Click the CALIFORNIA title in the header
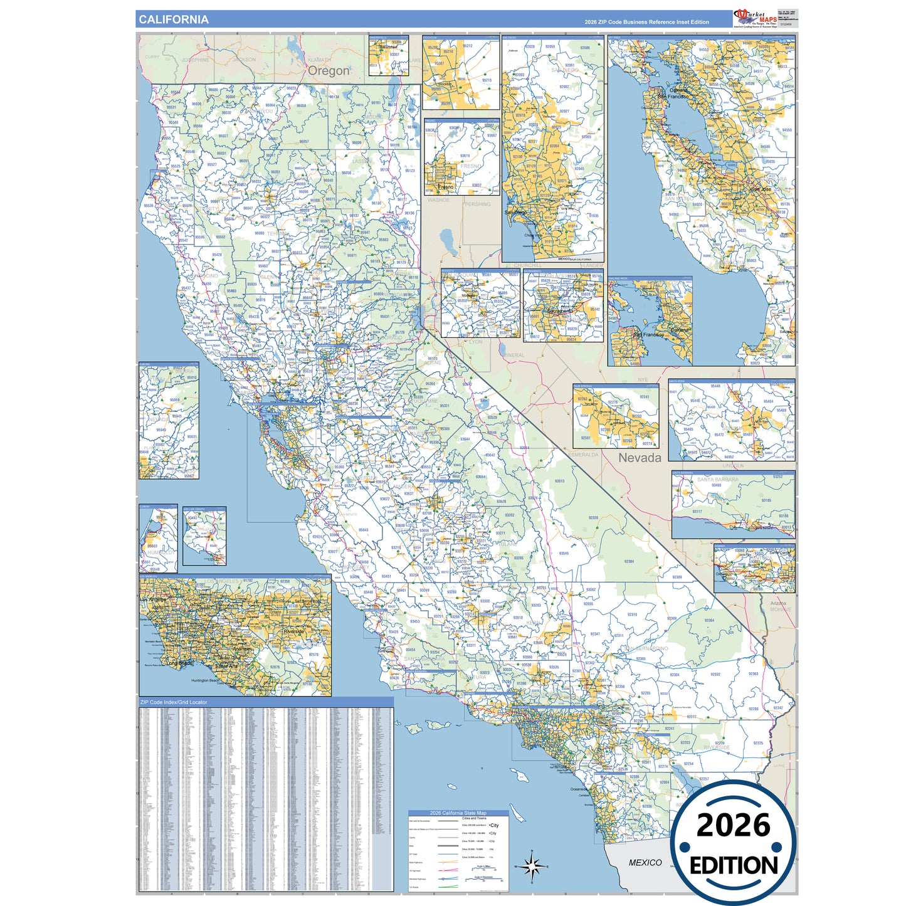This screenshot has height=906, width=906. (173, 19)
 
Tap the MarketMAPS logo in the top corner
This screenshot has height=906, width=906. (756, 19)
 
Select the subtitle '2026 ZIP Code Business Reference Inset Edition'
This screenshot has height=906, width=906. (646, 22)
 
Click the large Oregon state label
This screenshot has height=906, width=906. (329, 71)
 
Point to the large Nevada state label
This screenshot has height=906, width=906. (640, 458)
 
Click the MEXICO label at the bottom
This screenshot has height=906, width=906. (645, 863)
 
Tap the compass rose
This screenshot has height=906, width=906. (532, 867)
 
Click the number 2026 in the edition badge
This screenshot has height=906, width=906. (733, 825)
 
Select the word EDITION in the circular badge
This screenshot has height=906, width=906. (734, 866)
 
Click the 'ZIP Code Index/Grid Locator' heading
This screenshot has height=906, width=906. (173, 702)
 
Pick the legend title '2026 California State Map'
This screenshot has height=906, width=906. (458, 813)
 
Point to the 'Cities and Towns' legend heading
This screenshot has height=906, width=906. (474, 818)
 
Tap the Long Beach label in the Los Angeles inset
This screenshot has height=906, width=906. (179, 663)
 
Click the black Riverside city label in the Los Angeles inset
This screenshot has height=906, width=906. (293, 631)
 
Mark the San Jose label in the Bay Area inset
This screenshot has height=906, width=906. (761, 189)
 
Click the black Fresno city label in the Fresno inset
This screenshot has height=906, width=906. (446, 187)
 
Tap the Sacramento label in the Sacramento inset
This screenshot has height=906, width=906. (560, 311)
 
